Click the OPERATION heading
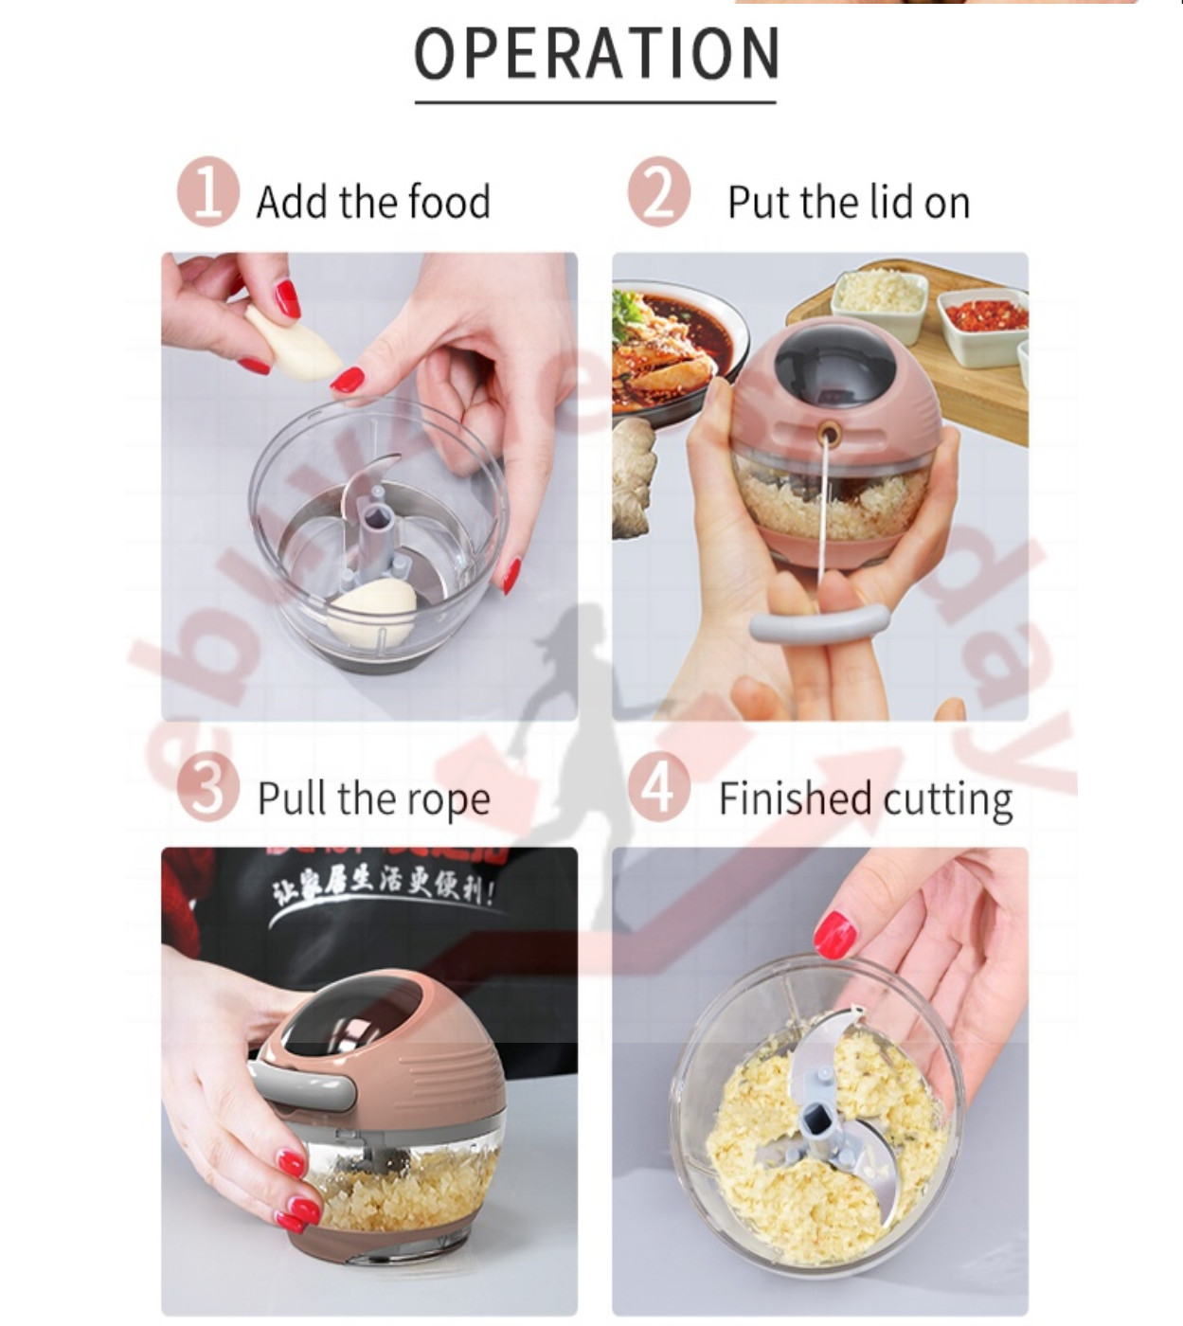click(596, 54)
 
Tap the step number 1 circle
click(206, 192)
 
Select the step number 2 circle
click(658, 192)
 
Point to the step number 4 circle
click(658, 786)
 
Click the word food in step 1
click(448, 202)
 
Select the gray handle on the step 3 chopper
click(303, 1086)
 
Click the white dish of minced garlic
click(879, 296)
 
